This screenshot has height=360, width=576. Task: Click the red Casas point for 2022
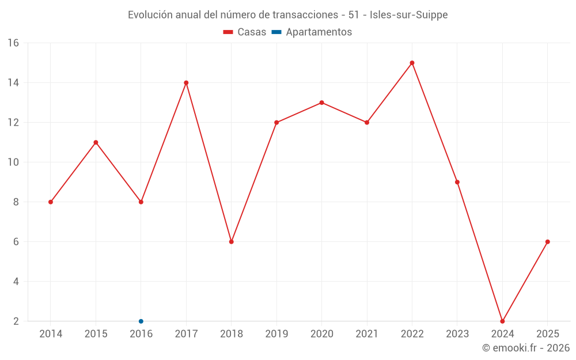click(x=412, y=63)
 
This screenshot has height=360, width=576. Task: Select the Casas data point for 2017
click(x=186, y=82)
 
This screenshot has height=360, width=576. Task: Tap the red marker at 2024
click(x=502, y=321)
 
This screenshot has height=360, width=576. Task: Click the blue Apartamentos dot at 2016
click(x=141, y=321)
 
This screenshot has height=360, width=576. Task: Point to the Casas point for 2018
click(x=231, y=241)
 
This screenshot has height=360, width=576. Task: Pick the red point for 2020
click(x=321, y=103)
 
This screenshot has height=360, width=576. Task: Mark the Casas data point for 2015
click(x=96, y=142)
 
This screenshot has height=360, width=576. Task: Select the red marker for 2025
click(x=547, y=241)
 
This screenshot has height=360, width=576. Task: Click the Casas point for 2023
click(x=457, y=182)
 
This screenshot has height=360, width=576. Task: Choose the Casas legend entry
click(x=245, y=32)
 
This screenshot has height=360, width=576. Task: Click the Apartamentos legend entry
click(x=312, y=32)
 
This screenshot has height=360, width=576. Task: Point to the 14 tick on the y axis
click(x=13, y=82)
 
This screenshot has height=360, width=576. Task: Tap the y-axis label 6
click(x=16, y=242)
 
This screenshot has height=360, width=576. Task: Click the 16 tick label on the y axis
click(x=13, y=43)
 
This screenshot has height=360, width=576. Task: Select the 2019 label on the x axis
click(x=276, y=334)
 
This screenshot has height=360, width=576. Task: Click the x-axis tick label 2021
click(x=367, y=334)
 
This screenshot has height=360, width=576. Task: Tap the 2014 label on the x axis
click(x=51, y=334)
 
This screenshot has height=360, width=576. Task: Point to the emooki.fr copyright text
click(x=526, y=348)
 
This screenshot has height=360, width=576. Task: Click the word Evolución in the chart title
click(x=149, y=15)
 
